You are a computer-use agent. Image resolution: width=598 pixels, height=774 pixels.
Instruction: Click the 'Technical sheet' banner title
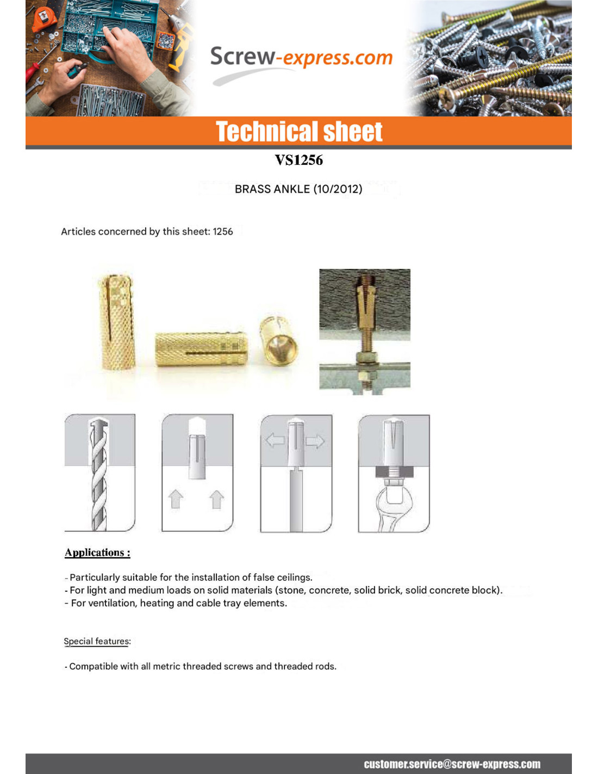(x=299, y=132)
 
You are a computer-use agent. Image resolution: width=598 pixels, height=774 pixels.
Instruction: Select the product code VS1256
(x=298, y=160)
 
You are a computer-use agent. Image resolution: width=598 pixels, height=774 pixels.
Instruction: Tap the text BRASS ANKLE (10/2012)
(x=298, y=189)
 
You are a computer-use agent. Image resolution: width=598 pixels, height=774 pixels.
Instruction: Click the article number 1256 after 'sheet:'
(x=223, y=231)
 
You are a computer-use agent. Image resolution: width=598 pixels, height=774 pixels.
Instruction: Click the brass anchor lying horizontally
(x=201, y=349)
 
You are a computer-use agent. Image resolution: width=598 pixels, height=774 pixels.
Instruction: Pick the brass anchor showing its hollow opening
(x=279, y=340)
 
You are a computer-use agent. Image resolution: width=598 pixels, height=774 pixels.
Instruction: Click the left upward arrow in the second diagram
(x=176, y=499)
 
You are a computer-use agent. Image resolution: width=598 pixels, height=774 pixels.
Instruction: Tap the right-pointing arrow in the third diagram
(x=315, y=440)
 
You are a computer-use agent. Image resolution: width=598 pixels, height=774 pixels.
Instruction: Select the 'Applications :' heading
(x=97, y=552)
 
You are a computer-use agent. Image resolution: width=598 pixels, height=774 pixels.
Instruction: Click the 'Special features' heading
(x=97, y=641)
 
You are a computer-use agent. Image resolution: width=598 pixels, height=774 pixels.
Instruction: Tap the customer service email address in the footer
(x=452, y=764)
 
